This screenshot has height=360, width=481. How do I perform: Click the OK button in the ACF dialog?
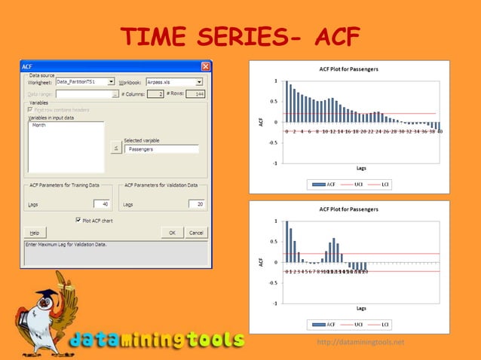click(x=172, y=233)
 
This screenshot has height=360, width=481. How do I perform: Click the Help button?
click(x=35, y=233)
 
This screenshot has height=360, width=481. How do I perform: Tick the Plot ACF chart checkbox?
click(x=78, y=220)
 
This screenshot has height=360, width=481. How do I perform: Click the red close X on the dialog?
click(x=206, y=67)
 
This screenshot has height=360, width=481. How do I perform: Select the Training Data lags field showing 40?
click(x=101, y=203)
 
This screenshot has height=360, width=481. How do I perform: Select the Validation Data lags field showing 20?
click(x=197, y=203)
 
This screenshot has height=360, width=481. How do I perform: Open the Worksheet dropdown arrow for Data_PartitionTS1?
click(x=111, y=81)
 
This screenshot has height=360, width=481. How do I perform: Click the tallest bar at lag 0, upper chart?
click(x=286, y=101)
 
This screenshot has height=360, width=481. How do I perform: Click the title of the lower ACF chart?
click(x=354, y=209)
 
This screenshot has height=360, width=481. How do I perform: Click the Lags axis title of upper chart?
click(x=361, y=168)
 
